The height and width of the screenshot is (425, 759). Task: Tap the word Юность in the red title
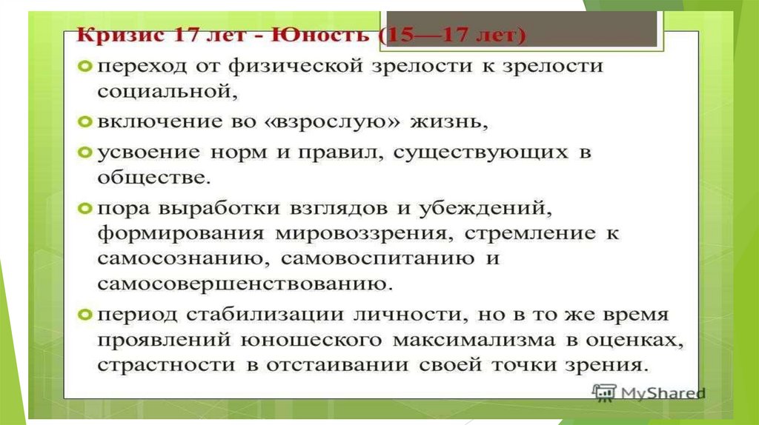[319, 36]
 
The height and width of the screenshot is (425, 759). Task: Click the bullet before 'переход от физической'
[84, 66]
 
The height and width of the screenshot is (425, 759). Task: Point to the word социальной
[168, 91]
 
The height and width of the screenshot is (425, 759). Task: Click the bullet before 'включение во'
[84, 121]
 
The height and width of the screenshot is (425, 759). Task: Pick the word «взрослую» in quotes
[333, 121]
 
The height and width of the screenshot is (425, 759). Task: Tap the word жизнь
[448, 121]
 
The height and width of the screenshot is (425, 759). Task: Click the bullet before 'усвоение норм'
[84, 153]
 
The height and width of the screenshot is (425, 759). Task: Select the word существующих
[480, 153]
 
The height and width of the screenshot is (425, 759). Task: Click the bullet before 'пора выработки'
[84, 208]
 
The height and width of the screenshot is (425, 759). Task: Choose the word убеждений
[485, 208]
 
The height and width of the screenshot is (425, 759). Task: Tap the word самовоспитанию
[377, 259]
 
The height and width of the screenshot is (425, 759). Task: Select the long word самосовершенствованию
[245, 284]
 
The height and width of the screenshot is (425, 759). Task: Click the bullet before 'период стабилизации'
[84, 315]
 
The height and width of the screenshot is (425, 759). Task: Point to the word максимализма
[474, 340]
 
